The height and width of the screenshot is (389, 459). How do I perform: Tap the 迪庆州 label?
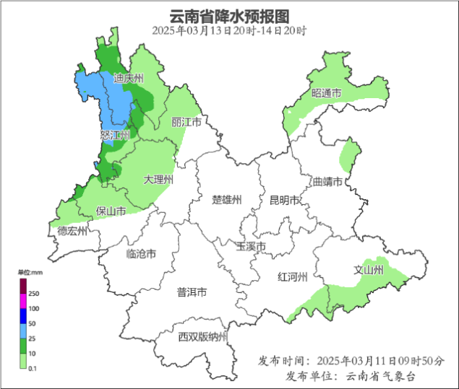129,78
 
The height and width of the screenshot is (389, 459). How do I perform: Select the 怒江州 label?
115,135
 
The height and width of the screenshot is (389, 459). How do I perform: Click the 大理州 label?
158,179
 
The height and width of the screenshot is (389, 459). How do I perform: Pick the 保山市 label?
111,211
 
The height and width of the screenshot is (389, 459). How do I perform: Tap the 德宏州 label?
72,231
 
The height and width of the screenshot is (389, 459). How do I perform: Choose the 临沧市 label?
141,253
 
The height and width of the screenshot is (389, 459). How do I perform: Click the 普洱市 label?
192,292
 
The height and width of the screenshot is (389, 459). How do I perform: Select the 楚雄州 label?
226,200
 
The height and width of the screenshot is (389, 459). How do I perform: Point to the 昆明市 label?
284,200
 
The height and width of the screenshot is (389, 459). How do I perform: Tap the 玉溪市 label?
252,247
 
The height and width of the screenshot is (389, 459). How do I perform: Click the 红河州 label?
293,277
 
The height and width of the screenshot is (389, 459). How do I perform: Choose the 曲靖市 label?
327,181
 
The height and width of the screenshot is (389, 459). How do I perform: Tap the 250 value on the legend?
34,294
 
